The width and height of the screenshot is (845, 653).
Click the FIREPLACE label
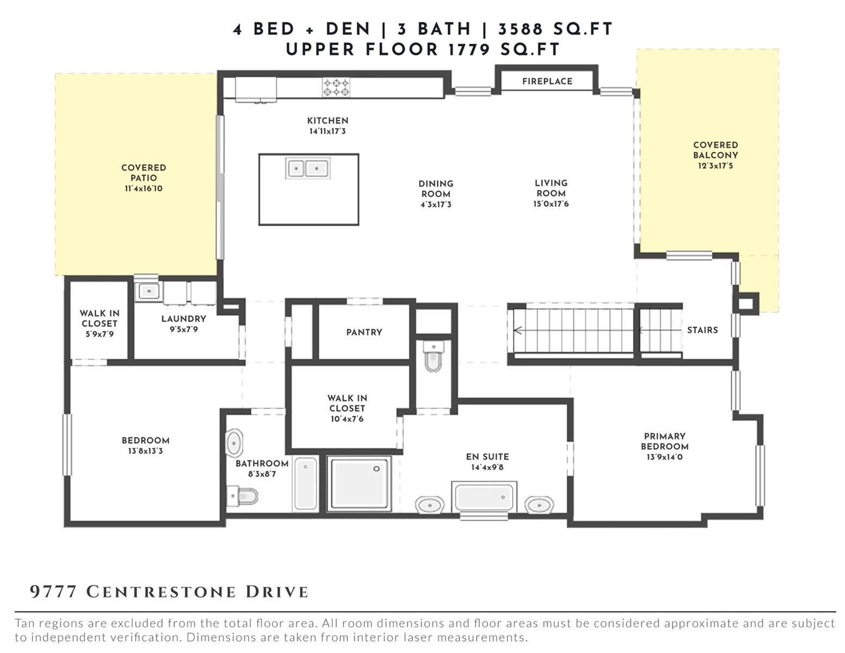(x=547, y=81)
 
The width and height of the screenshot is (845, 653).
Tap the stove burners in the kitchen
(x=336, y=87)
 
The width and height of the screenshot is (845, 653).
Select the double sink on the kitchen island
(x=307, y=168)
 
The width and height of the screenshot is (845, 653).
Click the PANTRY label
(x=364, y=332)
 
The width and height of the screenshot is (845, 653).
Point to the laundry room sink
(x=148, y=291)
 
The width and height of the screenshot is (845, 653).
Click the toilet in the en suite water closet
(x=433, y=356)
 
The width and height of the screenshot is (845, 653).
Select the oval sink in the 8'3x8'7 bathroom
(x=235, y=442)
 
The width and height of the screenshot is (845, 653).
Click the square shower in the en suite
(x=359, y=483)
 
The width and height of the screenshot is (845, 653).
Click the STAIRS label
(x=702, y=330)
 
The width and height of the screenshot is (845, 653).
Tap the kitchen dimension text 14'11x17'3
(x=328, y=132)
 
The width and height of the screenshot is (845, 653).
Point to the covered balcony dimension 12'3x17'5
(x=716, y=165)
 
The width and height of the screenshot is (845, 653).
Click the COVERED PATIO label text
(x=144, y=173)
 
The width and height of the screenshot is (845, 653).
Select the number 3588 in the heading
(x=520, y=29)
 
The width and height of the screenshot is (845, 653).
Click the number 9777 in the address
(x=53, y=592)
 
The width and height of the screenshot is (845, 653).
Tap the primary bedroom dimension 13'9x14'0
(x=664, y=457)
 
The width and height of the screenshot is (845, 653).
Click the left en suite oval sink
(x=430, y=505)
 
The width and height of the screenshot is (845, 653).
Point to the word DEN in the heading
(x=348, y=29)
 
